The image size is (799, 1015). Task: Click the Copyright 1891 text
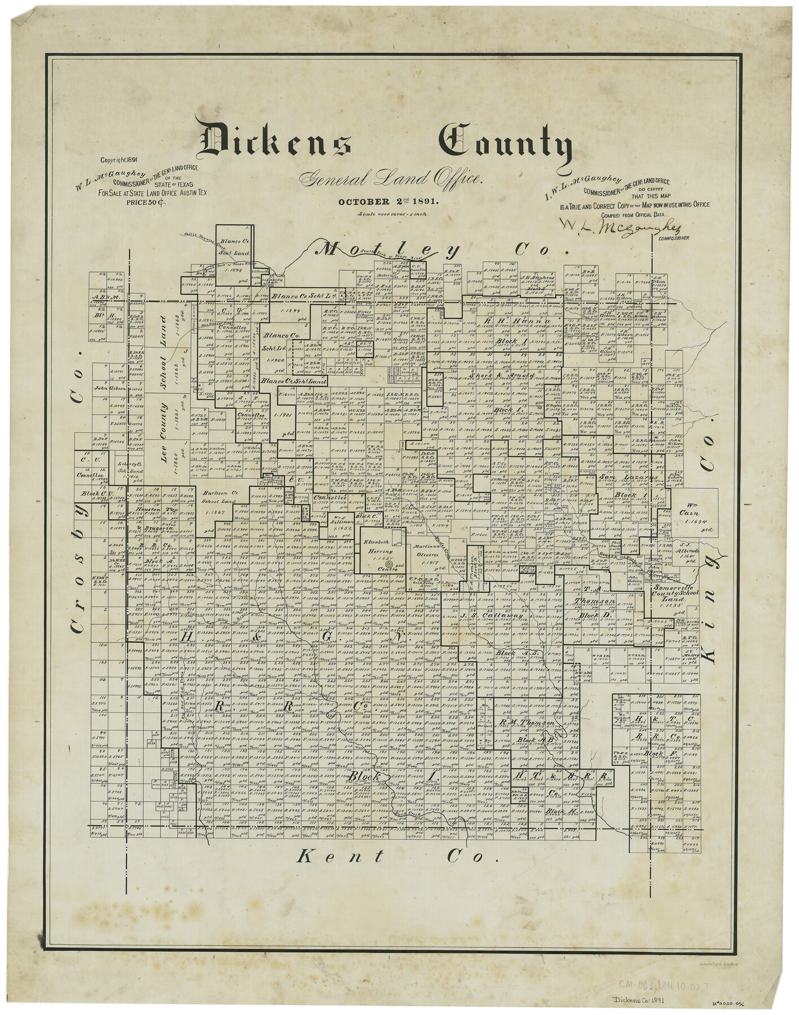(x=118, y=160)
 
